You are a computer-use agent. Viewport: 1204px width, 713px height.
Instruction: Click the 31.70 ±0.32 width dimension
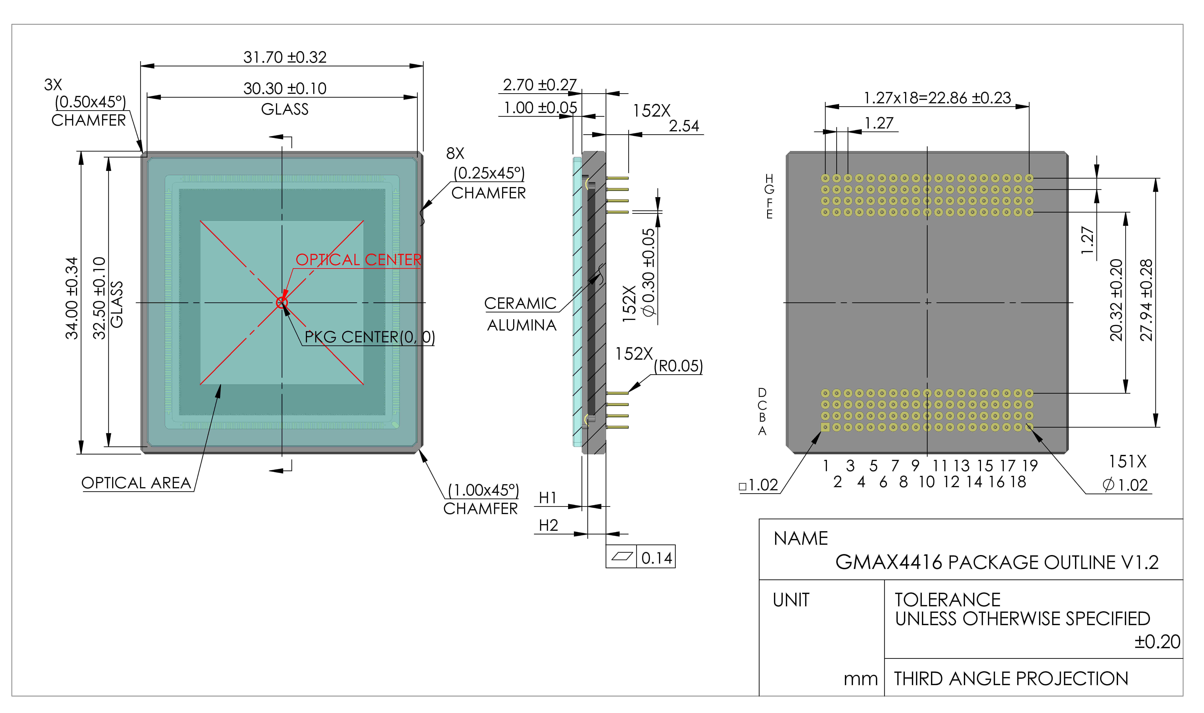tap(285, 57)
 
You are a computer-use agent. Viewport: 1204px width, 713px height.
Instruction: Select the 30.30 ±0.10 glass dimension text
tap(285, 88)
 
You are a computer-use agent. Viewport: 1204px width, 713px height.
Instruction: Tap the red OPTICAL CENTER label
tap(359, 260)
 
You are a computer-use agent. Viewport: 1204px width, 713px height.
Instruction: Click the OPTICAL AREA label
tap(136, 483)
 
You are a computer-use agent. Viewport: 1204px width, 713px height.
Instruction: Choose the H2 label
tap(548, 526)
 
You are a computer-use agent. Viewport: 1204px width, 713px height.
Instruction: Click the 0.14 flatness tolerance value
tap(657, 558)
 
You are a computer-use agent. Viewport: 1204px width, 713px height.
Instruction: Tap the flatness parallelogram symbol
tap(621, 557)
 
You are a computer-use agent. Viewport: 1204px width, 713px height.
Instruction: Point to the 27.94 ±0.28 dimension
tap(1146, 300)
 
